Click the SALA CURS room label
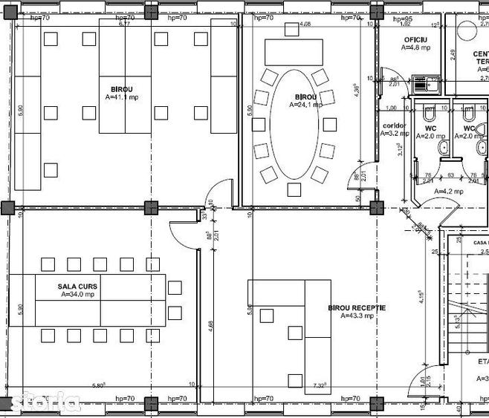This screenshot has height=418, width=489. tap(77, 286)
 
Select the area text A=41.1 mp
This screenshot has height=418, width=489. tap(120, 97)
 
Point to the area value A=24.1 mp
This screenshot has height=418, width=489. tap(305, 105)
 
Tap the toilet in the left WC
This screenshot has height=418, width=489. tap(429, 116)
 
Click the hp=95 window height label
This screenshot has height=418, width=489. tap(403, 19)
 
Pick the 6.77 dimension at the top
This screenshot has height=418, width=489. tap(124, 24)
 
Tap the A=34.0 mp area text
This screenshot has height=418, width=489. tap(77, 294)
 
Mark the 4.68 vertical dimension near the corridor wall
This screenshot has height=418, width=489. tap(211, 327)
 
